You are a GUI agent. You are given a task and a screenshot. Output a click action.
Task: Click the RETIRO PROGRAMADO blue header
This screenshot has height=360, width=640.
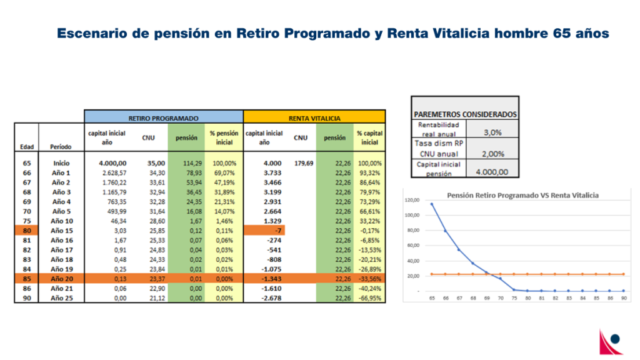164,117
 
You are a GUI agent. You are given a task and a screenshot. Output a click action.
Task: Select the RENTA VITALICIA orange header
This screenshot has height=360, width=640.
314,117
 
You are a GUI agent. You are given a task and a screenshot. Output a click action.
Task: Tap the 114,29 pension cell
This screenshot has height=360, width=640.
186,163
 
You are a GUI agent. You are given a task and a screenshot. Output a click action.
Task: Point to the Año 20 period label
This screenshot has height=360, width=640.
61,279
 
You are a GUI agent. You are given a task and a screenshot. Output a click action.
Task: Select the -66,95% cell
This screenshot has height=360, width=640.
369,299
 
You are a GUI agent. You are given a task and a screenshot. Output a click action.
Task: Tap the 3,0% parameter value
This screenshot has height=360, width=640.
492,132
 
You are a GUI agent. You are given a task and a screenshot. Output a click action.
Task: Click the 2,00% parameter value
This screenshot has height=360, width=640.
492,153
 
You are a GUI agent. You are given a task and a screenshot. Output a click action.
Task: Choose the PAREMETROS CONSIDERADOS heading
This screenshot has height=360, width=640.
465,114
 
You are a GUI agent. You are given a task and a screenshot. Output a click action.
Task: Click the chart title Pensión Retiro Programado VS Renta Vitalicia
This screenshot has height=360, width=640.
522,195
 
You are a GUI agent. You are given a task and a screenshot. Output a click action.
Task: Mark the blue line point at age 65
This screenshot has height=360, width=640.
431,204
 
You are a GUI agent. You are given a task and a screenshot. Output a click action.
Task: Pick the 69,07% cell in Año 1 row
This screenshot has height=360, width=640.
223,173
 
